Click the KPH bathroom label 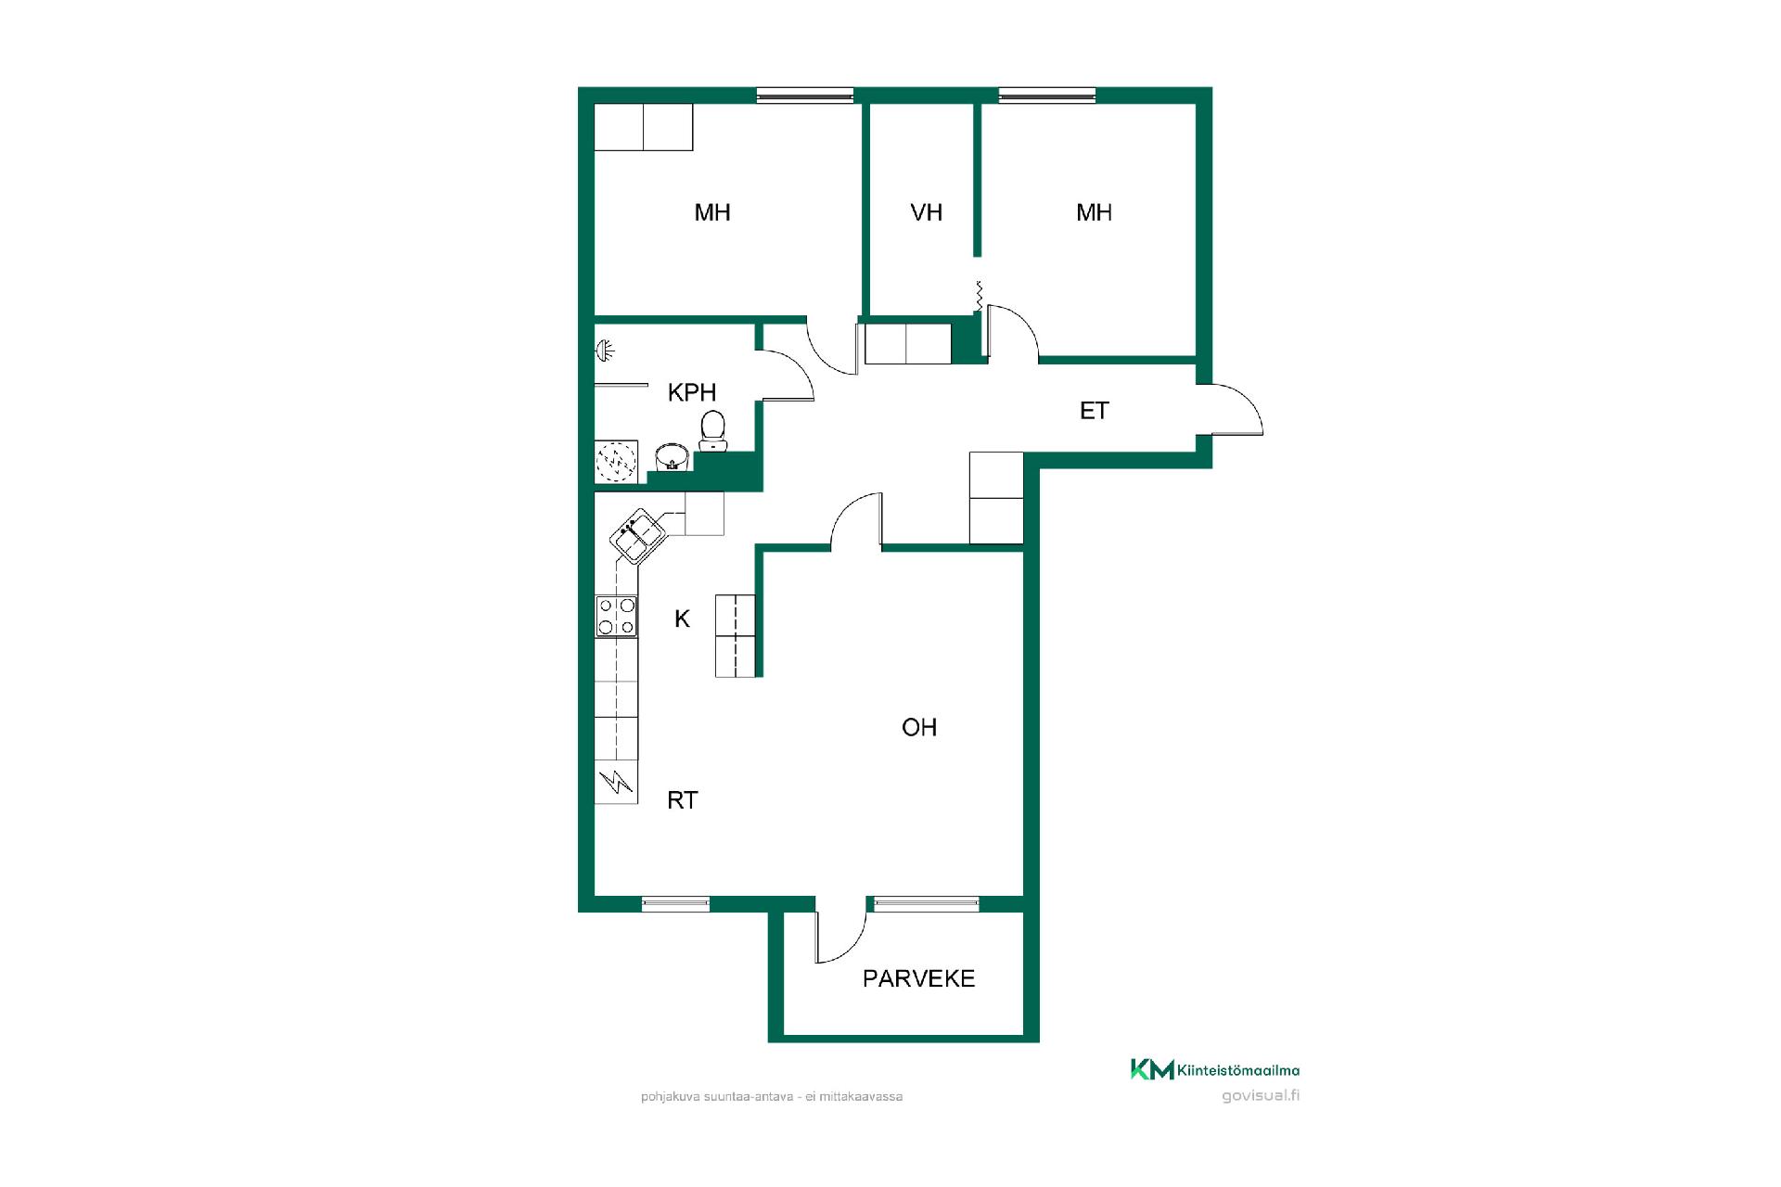click(692, 392)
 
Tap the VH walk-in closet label click(927, 212)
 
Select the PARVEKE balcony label click(919, 979)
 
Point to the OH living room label click(919, 728)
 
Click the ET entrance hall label click(1095, 411)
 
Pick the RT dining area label click(683, 800)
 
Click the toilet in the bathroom click(712, 430)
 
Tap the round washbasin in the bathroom click(671, 456)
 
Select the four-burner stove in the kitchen click(617, 617)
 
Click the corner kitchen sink click(638, 536)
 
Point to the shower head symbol click(605, 351)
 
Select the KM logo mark click(1151, 1069)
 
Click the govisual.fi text click(1261, 1095)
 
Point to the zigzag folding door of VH click(978, 297)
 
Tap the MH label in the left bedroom click(712, 212)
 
